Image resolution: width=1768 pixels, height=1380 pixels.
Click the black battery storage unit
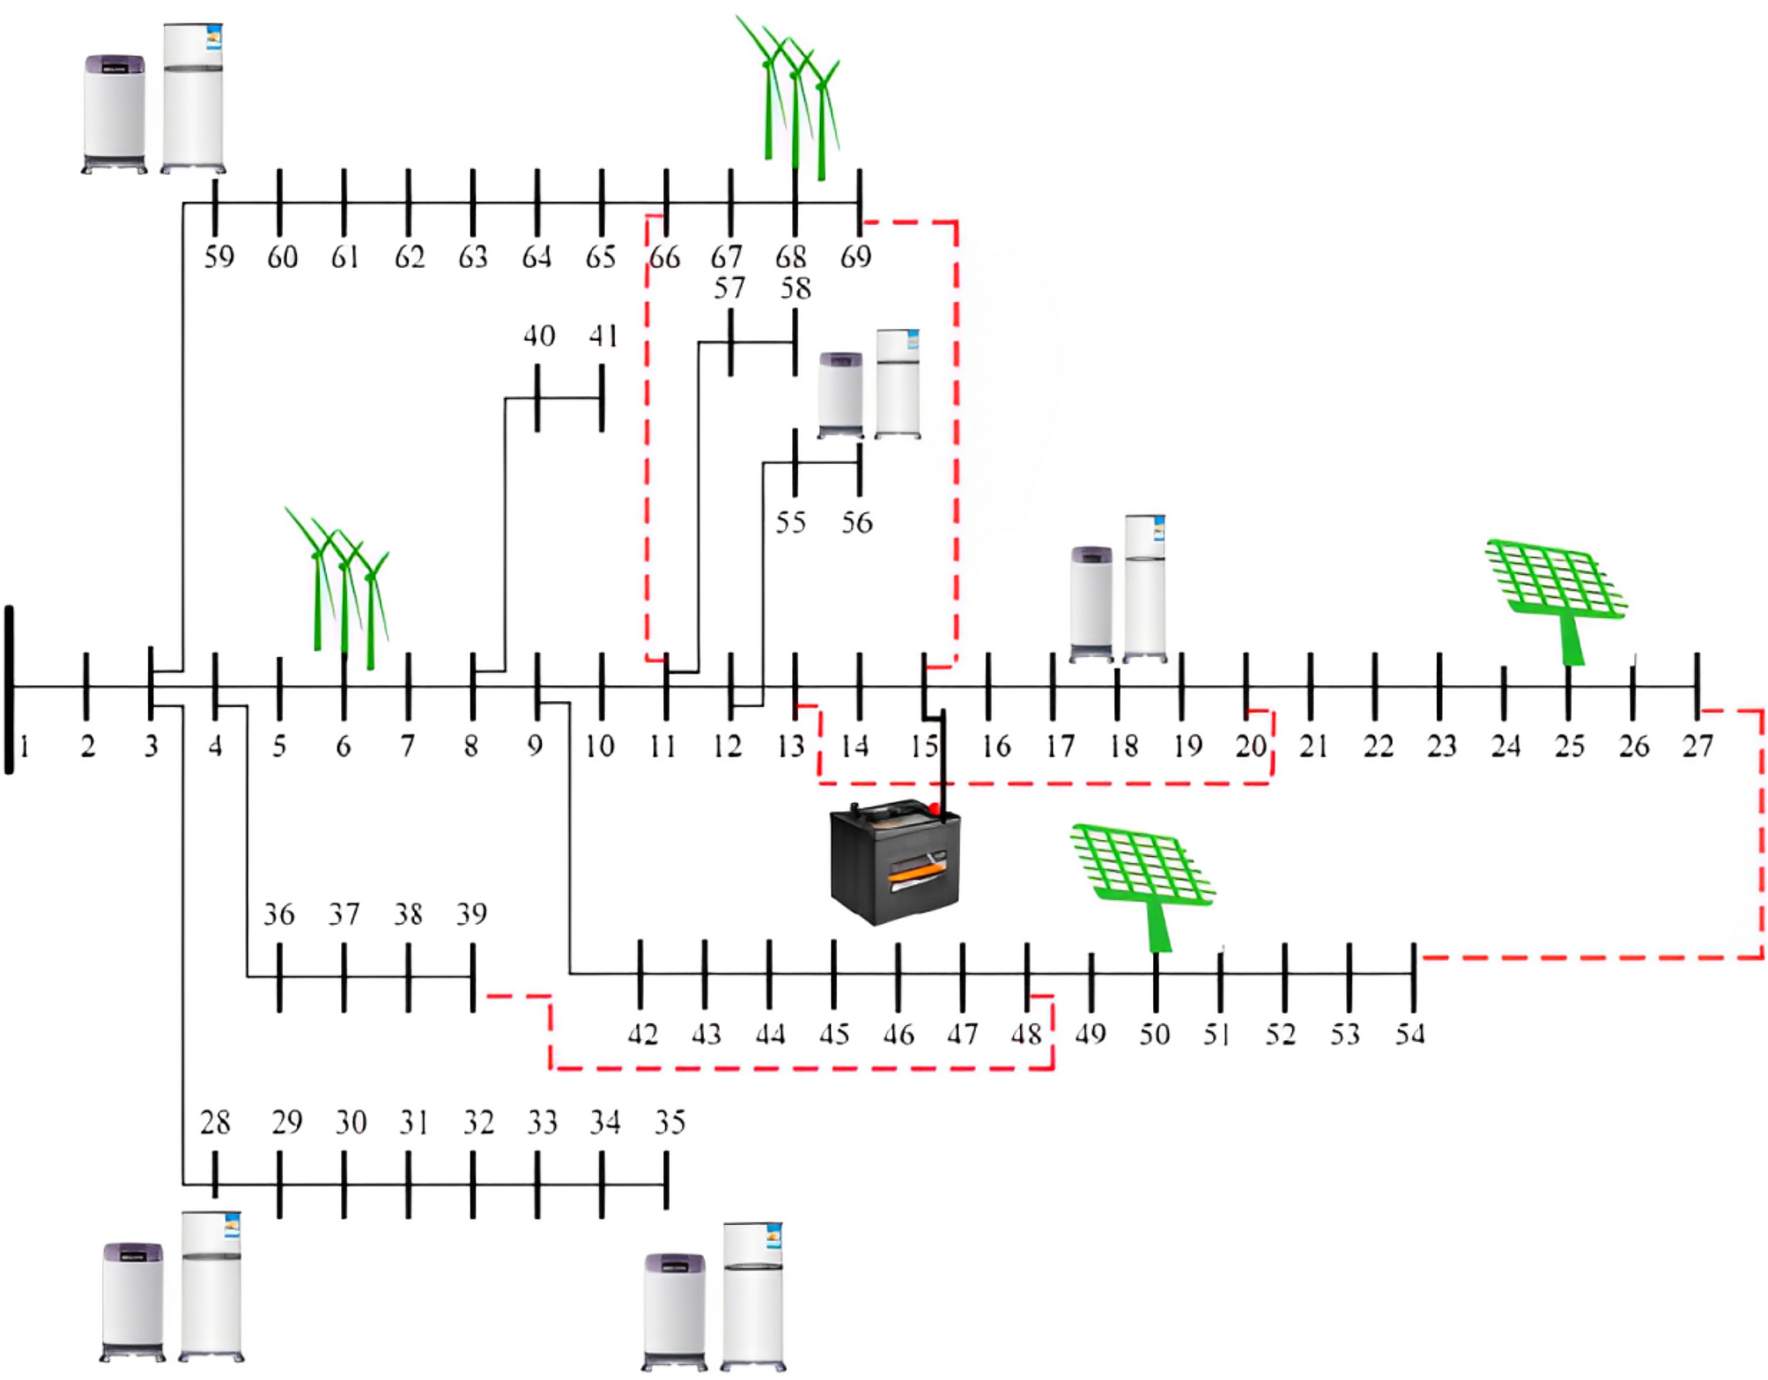(894, 863)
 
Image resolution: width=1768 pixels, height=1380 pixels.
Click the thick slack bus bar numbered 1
(10, 689)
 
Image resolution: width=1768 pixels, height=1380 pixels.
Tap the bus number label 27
(1698, 747)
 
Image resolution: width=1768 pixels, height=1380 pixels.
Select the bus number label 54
(1409, 1034)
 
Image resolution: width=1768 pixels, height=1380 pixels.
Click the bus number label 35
(669, 1123)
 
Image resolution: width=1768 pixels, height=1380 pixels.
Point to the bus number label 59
(218, 257)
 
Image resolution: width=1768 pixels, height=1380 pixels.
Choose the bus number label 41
(603, 336)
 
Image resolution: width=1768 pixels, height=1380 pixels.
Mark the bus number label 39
(471, 914)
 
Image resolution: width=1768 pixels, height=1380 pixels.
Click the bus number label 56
(856, 523)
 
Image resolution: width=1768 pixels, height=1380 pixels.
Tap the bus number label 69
(855, 257)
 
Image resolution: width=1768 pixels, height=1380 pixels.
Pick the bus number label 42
(642, 1034)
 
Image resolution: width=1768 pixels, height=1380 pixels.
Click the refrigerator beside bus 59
(193, 97)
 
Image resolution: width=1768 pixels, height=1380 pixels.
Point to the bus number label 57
(729, 289)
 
